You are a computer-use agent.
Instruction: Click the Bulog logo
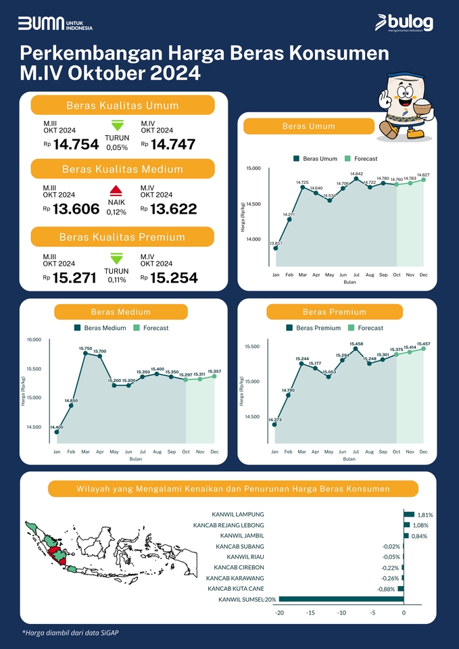point(404,23)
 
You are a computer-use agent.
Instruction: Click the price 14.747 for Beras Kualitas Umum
point(173,144)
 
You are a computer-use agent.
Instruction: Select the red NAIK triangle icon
point(116,190)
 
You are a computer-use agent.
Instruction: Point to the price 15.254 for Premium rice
point(174,277)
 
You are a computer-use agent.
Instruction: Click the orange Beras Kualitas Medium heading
point(122,168)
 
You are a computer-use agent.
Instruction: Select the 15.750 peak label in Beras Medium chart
point(84,348)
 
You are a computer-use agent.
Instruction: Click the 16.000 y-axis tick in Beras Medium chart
point(34,339)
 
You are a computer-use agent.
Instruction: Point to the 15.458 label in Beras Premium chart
point(356,344)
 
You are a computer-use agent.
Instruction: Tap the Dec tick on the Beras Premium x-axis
point(424,450)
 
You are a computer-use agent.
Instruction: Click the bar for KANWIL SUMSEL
point(341,599)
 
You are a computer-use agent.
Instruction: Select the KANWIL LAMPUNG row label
point(237,514)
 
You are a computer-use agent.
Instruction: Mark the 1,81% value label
point(425,515)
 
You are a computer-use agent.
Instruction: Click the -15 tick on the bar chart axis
point(310,613)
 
